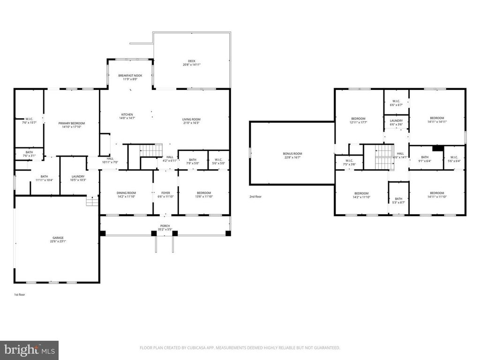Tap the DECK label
[191, 60]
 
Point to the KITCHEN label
[127, 114]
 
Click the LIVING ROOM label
[191, 119]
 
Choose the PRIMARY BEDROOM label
[72, 123]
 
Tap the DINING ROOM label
[126, 193]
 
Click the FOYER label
[166, 193]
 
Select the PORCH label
[165, 225]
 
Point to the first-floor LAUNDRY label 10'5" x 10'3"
[78, 176]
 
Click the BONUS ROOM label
[292, 154]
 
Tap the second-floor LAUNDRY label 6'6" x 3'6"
[396, 120]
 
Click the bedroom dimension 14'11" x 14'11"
[437, 122]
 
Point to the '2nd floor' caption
[256, 197]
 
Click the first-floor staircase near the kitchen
[151, 150]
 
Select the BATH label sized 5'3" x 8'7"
[398, 201]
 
